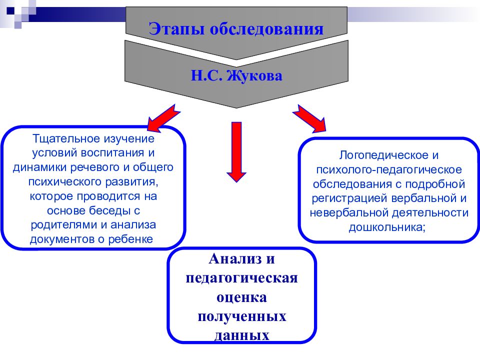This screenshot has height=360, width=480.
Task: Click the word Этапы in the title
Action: pyautogui.click(x=176, y=29)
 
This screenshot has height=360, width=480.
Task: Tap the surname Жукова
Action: pyautogui.click(x=254, y=75)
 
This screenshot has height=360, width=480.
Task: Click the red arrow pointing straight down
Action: pyautogui.click(x=236, y=152)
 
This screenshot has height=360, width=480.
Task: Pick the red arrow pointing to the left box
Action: pyautogui.click(x=163, y=119)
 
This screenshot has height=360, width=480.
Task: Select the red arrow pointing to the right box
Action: pyautogui.click(x=309, y=119)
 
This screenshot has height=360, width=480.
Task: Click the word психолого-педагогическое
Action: pyautogui.click(x=389, y=169)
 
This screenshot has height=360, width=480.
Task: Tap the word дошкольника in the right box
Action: pyautogui.click(x=385, y=227)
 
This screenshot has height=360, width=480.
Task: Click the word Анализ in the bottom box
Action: pyautogui.click(x=235, y=259)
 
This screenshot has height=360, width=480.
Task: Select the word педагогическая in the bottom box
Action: pyautogui.click(x=241, y=278)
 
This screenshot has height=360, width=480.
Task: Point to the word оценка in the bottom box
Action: pyautogui.click(x=241, y=297)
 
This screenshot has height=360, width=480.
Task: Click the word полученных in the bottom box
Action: pyautogui.click(x=242, y=316)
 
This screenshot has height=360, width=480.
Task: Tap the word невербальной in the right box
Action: pyautogui.click(x=348, y=213)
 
